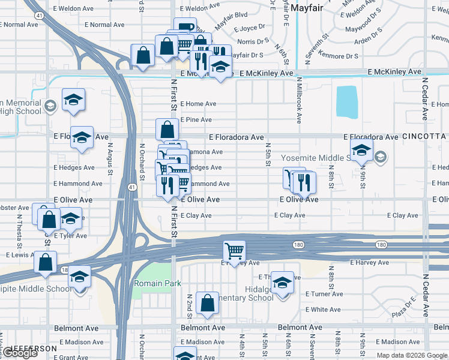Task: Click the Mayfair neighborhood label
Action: click(308, 8)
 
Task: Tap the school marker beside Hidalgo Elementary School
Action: click(282, 282)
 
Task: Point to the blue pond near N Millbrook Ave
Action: click(346, 102)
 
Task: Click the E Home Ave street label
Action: click(197, 104)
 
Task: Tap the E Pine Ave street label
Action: click(196, 120)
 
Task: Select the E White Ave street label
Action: click(322, 310)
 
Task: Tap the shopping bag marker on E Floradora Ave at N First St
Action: click(167, 128)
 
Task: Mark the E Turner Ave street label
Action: click(324, 294)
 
